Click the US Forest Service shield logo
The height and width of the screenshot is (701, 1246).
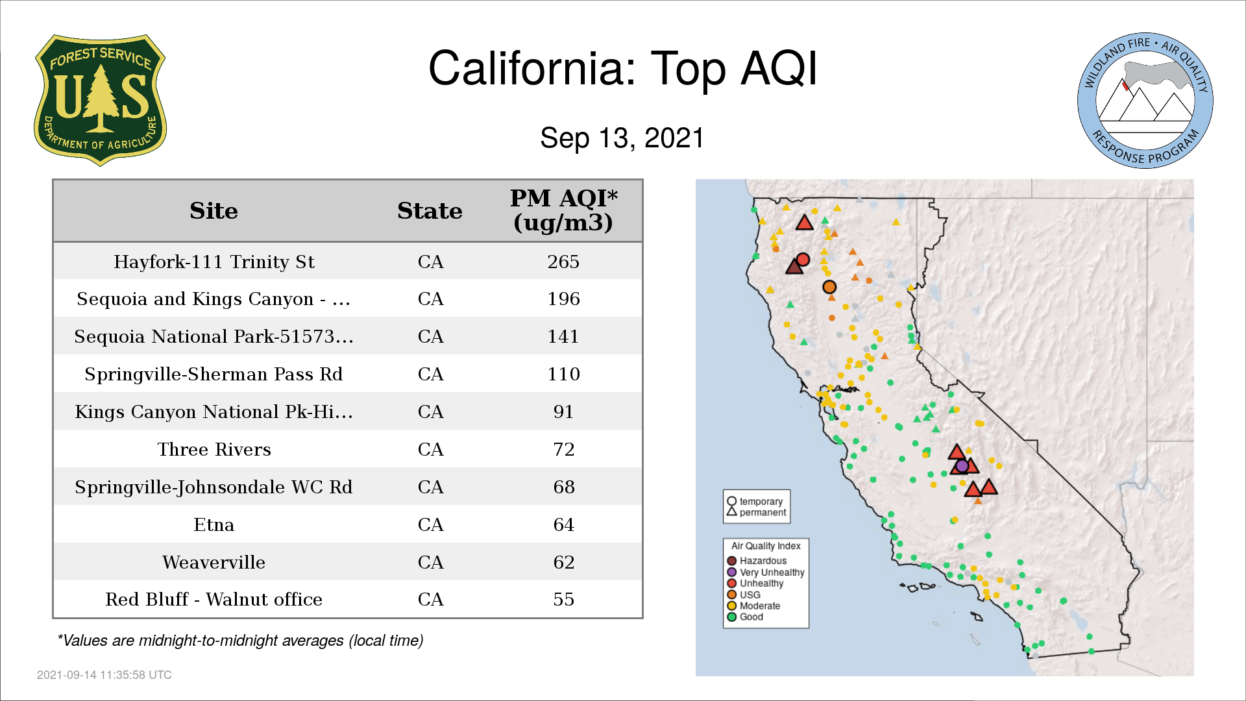pos(100,100)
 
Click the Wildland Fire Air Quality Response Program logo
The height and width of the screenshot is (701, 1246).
pos(1145,101)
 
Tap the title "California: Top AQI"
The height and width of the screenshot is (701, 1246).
pos(623,68)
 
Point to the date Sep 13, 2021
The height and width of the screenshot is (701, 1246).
pos(622,138)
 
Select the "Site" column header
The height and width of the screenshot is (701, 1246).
pos(214,211)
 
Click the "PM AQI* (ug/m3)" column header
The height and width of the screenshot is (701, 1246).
pos(563,210)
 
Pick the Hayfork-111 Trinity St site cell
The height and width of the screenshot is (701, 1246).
pos(214,262)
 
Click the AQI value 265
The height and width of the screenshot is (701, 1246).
pos(563,262)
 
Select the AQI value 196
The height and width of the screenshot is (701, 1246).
pos(563,299)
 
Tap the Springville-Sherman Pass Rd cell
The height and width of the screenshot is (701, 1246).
pos(214,375)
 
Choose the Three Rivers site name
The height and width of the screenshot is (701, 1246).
pos(214,450)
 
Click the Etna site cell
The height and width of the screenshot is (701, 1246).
pos(214,524)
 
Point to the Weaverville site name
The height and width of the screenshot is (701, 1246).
pos(214,562)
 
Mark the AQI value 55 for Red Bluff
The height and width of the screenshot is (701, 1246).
pos(563,600)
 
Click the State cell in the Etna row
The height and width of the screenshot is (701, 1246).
pos(430,524)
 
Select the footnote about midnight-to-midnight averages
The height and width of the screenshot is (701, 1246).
pos(240,641)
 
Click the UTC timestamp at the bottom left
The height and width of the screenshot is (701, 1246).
pos(104,675)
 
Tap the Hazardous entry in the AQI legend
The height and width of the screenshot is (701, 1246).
pos(757,561)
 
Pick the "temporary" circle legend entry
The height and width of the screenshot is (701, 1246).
pos(755,501)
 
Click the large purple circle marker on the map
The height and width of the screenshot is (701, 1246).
pos(962,465)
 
